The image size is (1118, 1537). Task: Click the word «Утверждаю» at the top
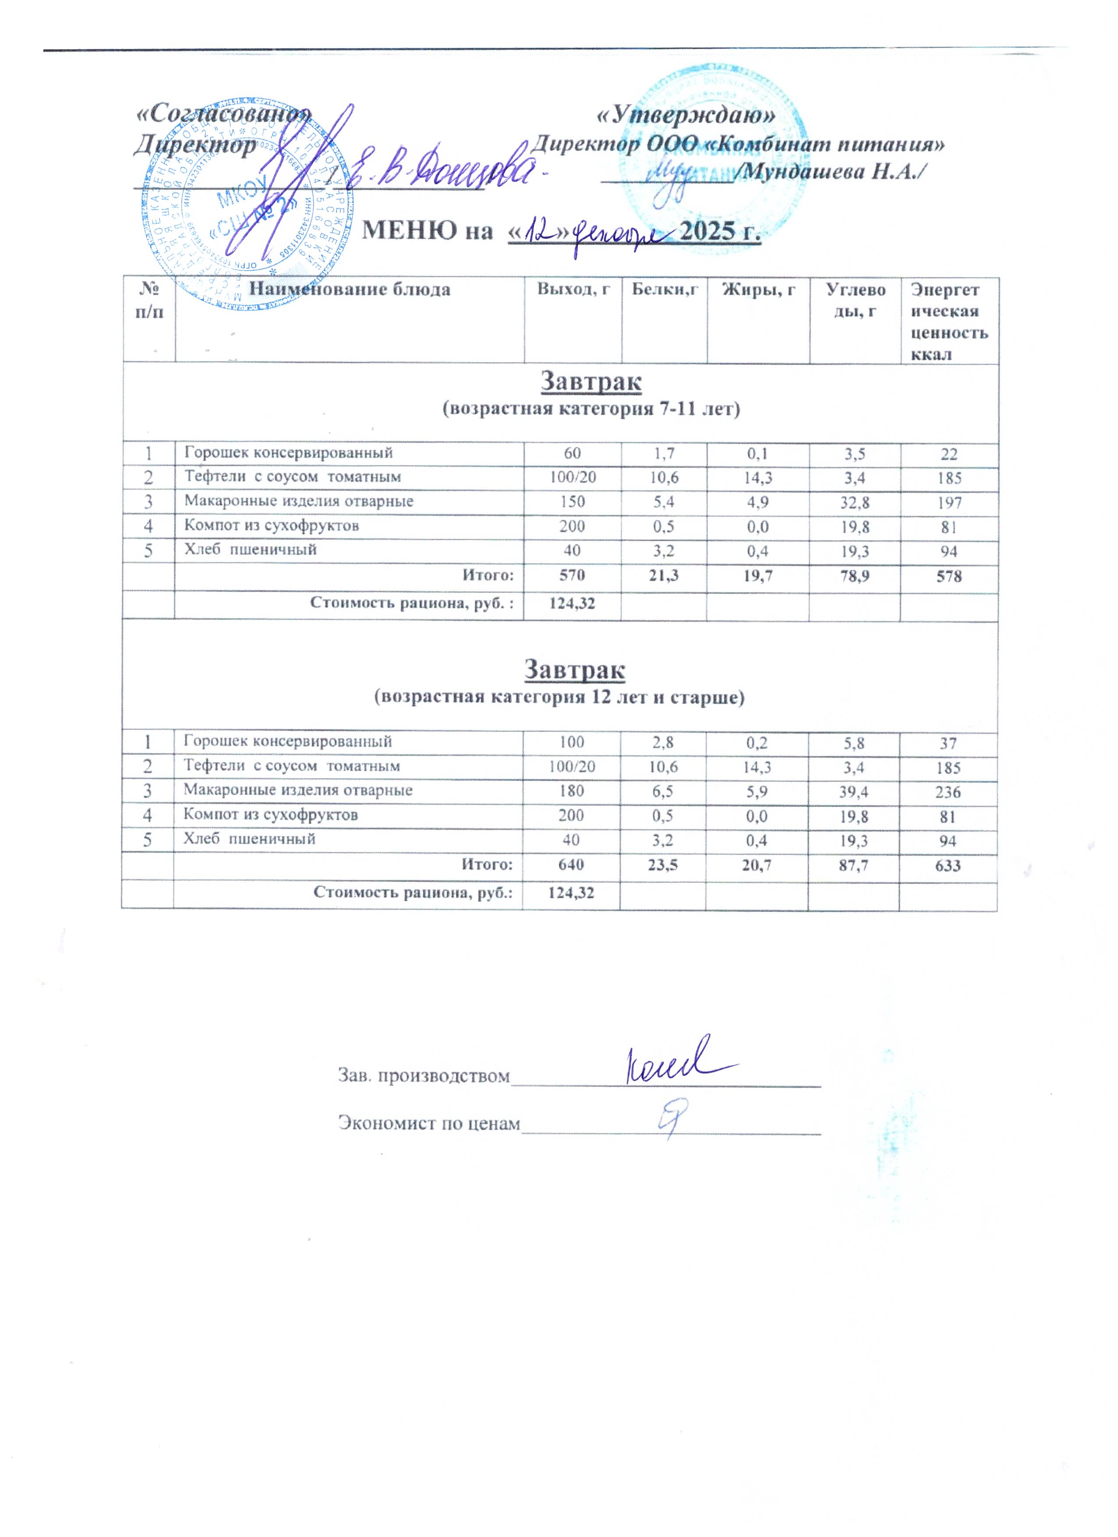(685, 116)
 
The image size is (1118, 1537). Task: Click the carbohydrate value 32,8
(855, 502)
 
